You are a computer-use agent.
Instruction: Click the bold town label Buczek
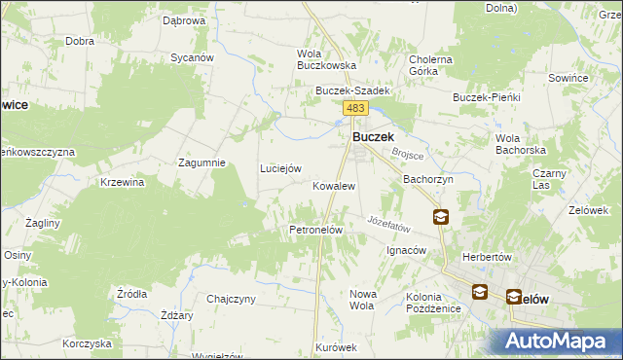tap(372, 138)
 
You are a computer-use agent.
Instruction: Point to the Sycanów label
tap(192, 57)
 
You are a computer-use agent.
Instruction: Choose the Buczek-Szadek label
tap(352, 90)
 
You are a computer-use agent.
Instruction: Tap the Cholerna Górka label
tap(431, 65)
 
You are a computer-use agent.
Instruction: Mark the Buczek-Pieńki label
tap(488, 97)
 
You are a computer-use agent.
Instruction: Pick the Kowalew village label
tap(333, 185)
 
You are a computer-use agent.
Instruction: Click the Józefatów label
tap(390, 223)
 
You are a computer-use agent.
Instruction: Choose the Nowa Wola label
tap(362, 299)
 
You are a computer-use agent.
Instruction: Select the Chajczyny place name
tap(231, 299)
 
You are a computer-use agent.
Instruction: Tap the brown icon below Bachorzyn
tap(441, 217)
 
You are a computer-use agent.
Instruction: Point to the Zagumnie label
tap(202, 162)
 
